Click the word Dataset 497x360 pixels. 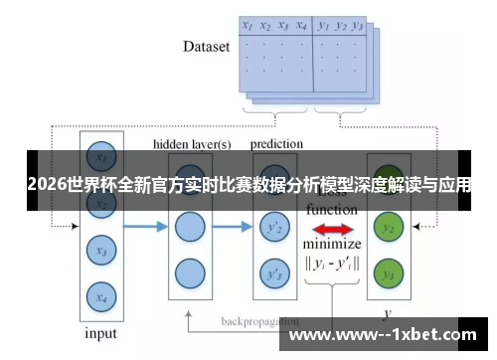[207, 46]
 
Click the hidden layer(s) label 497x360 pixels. [192, 144]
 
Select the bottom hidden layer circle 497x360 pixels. [189, 271]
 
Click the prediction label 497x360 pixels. [276, 144]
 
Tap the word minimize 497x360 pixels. [332, 245]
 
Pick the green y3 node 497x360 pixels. [389, 272]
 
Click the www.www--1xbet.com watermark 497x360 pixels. [385, 334]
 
